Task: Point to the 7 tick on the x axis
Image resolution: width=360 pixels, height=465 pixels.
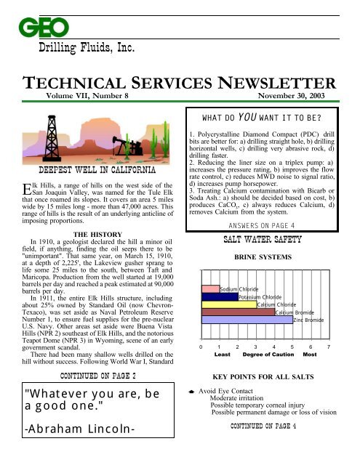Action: click(x=329, y=348)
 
